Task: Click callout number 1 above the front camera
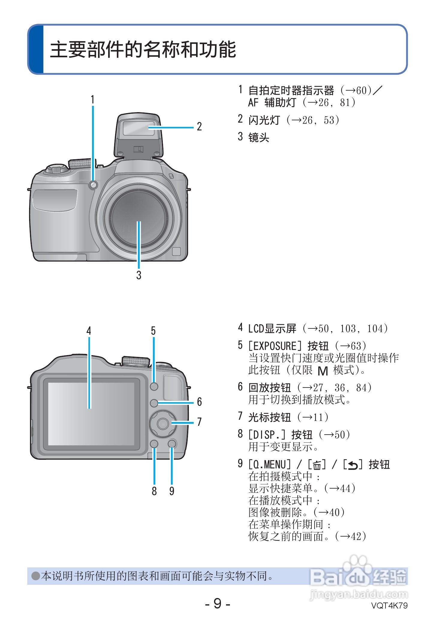(93, 99)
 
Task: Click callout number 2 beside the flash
(199, 127)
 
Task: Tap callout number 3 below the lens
(139, 275)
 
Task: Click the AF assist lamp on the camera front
(93, 185)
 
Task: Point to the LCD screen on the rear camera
(91, 414)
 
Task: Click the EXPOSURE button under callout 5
(154, 386)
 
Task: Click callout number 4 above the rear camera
(89, 331)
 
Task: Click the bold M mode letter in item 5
(323, 371)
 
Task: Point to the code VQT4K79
(389, 606)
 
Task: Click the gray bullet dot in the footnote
(36, 576)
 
